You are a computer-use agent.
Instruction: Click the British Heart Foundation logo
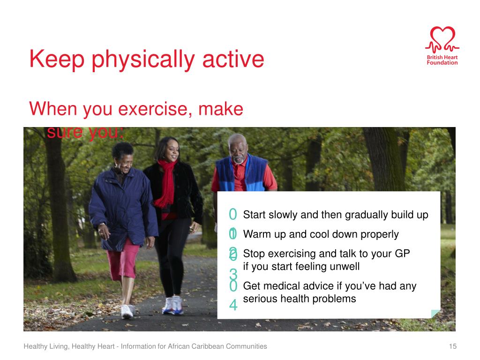(x=442, y=46)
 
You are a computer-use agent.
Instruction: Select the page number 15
(x=452, y=346)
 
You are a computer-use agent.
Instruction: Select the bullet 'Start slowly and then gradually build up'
(x=335, y=215)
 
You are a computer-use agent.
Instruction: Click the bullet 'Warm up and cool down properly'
(x=321, y=234)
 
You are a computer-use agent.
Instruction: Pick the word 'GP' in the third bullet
(x=402, y=254)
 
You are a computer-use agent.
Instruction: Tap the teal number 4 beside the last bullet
(x=233, y=306)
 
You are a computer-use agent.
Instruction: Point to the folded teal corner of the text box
(x=435, y=314)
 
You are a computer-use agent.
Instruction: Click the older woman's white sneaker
(x=127, y=310)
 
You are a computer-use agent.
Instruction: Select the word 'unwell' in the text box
(x=344, y=266)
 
